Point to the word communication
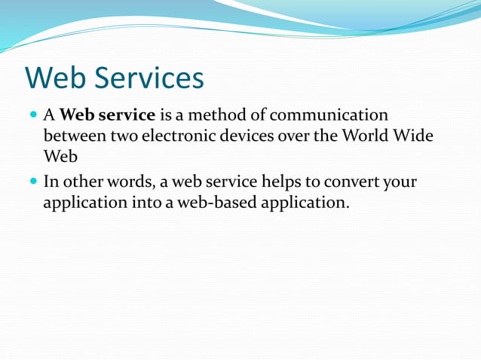(x=329, y=116)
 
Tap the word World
(x=365, y=137)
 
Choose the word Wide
(x=413, y=137)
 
